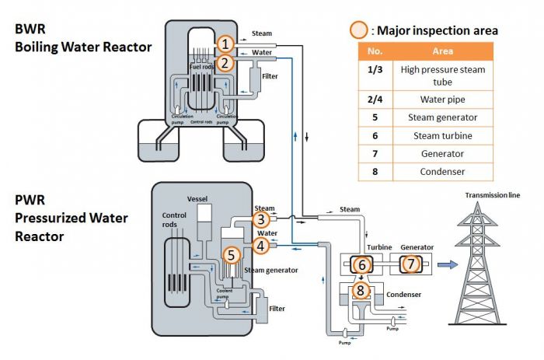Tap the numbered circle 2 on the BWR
tap(224, 62)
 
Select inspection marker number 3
tap(262, 219)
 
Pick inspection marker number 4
tap(262, 246)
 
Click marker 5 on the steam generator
tap(230, 254)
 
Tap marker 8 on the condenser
tap(361, 291)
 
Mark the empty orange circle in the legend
tap(358, 31)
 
